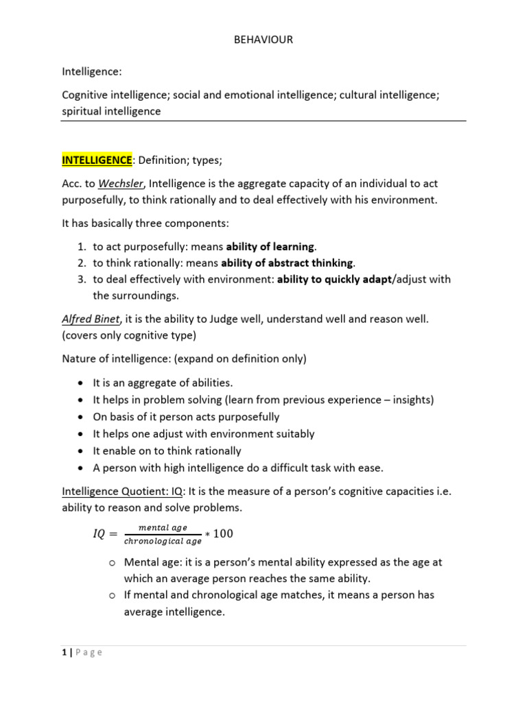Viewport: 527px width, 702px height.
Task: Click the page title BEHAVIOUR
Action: click(x=263, y=40)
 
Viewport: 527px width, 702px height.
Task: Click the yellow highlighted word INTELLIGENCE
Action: click(x=97, y=160)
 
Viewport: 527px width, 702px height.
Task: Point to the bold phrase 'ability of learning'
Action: click(x=270, y=247)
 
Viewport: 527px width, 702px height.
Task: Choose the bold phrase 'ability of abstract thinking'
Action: click(x=286, y=263)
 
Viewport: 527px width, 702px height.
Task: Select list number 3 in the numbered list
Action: click(x=81, y=279)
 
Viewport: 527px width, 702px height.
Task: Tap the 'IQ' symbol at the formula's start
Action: click(x=99, y=534)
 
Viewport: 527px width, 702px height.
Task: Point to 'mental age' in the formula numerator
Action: click(x=163, y=527)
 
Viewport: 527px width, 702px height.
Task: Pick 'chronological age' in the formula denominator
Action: click(x=163, y=542)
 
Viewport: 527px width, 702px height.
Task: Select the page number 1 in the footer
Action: click(x=65, y=652)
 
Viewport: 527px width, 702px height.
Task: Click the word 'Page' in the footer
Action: click(x=89, y=652)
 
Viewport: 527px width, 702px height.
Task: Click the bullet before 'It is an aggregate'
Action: click(x=82, y=383)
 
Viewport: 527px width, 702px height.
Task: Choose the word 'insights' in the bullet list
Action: click(x=413, y=400)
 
